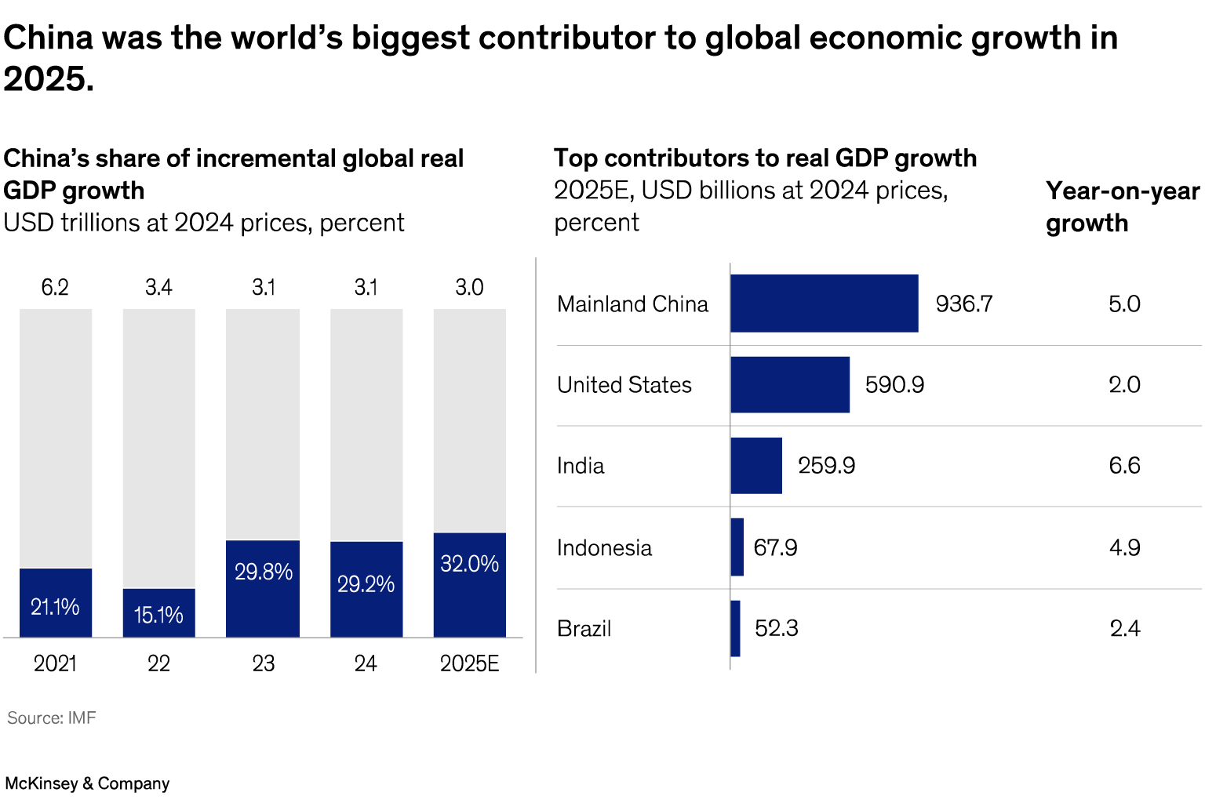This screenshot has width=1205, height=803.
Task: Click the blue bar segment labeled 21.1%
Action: tap(56, 602)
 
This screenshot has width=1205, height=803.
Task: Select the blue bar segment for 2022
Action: tap(158, 612)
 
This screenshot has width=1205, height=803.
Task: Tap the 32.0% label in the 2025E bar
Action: tap(469, 564)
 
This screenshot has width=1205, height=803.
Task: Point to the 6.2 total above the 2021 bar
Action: tap(55, 287)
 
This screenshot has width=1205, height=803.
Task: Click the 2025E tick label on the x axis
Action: tap(469, 663)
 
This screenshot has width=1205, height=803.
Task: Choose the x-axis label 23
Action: tap(264, 663)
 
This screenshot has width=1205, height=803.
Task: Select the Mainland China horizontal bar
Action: tap(824, 303)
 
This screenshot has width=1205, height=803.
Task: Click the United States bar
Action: tap(790, 384)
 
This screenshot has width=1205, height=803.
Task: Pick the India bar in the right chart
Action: tap(756, 466)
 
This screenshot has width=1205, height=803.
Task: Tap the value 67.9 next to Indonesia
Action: tap(775, 547)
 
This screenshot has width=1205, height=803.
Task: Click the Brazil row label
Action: tap(584, 629)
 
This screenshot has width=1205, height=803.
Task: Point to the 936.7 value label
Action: tap(964, 303)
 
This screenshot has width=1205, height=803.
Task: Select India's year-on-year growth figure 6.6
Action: tap(1124, 466)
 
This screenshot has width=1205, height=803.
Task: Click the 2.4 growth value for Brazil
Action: tap(1124, 629)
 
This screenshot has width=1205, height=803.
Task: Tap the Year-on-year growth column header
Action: tap(1122, 207)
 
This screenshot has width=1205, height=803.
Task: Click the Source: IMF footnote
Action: tap(52, 718)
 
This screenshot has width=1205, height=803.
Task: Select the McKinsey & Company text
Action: tap(87, 783)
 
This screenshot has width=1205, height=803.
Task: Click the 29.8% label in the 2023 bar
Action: tap(264, 572)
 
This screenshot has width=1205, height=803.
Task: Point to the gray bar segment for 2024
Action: tap(366, 423)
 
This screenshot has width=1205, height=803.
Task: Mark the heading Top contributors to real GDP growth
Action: tap(765, 158)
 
